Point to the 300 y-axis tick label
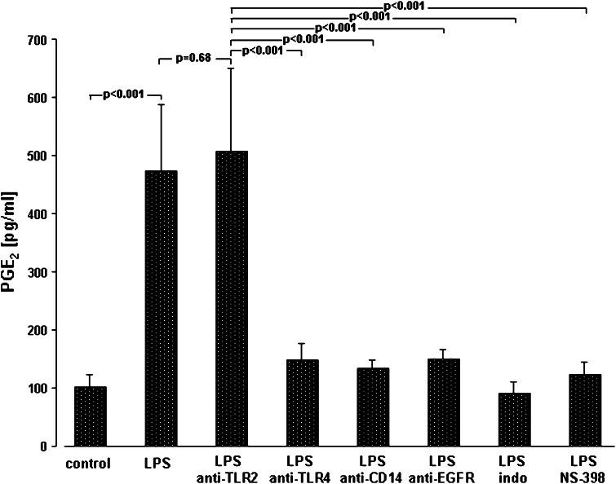(37, 272)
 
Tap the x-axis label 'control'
(91, 464)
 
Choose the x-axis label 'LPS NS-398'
(585, 469)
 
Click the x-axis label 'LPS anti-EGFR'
(443, 469)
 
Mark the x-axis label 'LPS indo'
(514, 469)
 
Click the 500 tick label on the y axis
(37, 156)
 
